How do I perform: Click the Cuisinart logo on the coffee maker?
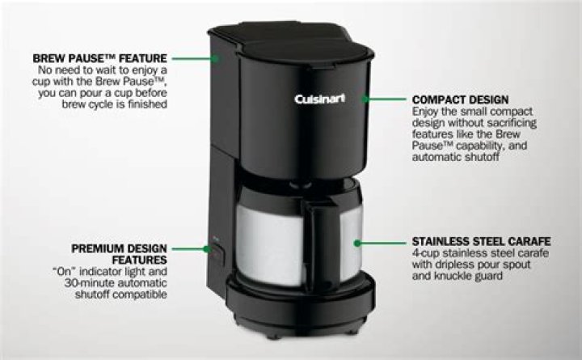[x=319, y=99]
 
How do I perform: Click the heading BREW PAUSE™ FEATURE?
[x=100, y=58]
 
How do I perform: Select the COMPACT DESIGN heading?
[x=460, y=100]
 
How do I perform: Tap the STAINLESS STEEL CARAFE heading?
[x=481, y=242]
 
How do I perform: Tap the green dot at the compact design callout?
[x=365, y=100]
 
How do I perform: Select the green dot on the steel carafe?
[x=357, y=244]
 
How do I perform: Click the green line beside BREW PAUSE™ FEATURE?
[x=193, y=58]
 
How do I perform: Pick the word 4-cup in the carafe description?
[x=426, y=253]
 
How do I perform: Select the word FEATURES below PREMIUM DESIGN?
[x=140, y=260]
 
